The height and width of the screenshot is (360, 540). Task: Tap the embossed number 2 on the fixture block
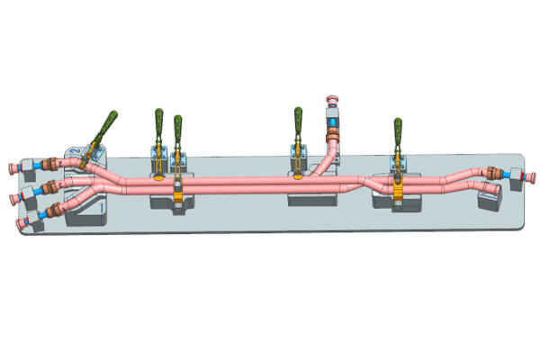pyautogui.click(x=73, y=152)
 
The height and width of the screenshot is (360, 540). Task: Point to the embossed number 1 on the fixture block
pyautogui.click(x=103, y=209)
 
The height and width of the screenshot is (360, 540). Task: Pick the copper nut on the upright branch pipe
pyautogui.click(x=332, y=136)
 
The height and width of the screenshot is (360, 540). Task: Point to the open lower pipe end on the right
pyautogui.click(x=494, y=190)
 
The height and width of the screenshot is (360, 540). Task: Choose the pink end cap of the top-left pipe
pyautogui.click(x=11, y=168)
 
